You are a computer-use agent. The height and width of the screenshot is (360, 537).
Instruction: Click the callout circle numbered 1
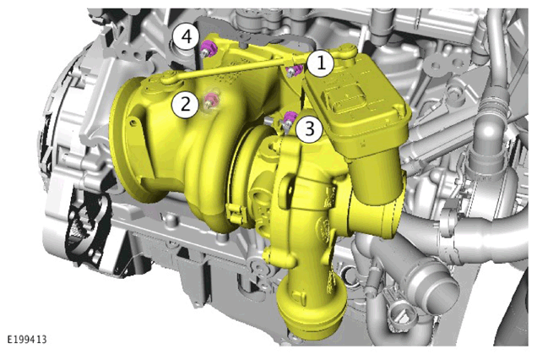point(321,63)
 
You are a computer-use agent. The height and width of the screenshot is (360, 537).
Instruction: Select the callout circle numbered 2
point(185,104)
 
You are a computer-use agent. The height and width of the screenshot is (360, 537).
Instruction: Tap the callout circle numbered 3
point(309,129)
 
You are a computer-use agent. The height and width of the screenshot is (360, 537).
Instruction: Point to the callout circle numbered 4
point(186,36)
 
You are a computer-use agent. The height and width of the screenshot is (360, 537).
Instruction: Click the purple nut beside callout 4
point(208,48)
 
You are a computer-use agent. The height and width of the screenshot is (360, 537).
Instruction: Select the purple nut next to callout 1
point(294,71)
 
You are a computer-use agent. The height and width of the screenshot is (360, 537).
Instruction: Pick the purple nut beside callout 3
point(290,118)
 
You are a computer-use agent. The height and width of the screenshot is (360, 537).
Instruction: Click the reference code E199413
point(27,340)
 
